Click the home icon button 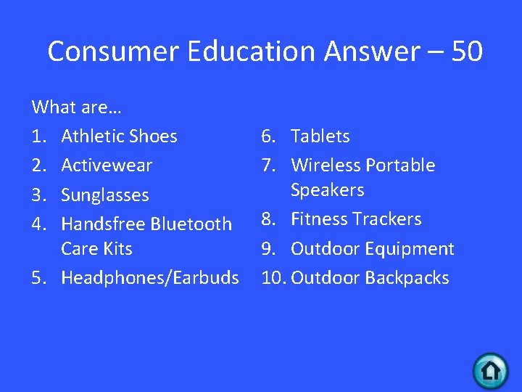pyautogui.click(x=491, y=371)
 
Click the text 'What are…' pyautogui.click(x=77, y=107)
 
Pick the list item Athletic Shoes pyautogui.click(x=119, y=136)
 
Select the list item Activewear pyautogui.click(x=107, y=166)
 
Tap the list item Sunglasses pyautogui.click(x=105, y=195)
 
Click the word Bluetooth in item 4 pyautogui.click(x=192, y=224)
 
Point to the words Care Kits pyautogui.click(x=96, y=249)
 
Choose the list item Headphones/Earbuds pyautogui.click(x=150, y=278)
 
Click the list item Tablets pyautogui.click(x=320, y=136)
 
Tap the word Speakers pyautogui.click(x=327, y=190)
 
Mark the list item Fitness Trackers pyautogui.click(x=356, y=219)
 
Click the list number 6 pyautogui.click(x=267, y=136)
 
